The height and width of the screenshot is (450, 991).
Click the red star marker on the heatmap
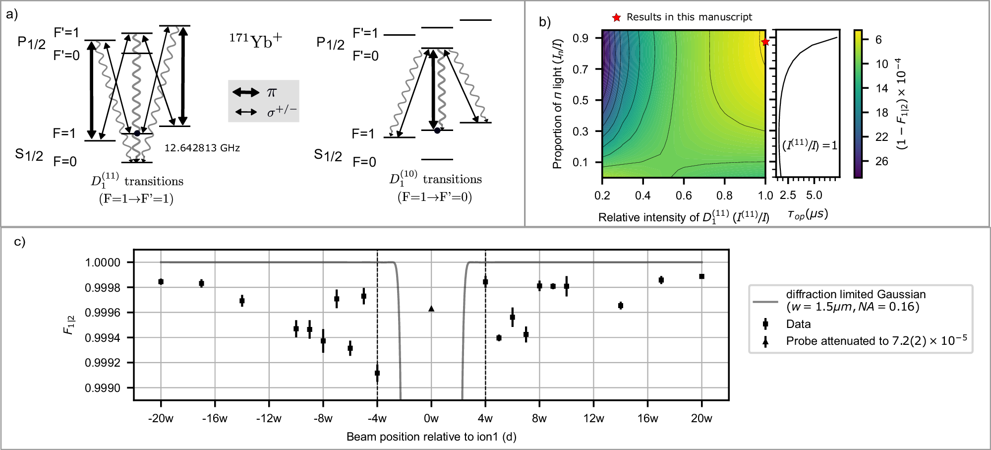click(x=765, y=42)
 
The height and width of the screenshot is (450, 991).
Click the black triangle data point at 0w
click(x=431, y=309)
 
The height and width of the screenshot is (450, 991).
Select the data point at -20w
click(x=161, y=282)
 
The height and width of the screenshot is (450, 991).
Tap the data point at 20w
click(x=701, y=276)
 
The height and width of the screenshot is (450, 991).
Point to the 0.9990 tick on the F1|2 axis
click(x=103, y=388)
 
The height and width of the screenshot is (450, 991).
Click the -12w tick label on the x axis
click(x=269, y=418)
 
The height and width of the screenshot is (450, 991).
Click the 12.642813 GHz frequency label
click(x=202, y=148)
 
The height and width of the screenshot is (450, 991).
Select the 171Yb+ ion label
click(x=255, y=41)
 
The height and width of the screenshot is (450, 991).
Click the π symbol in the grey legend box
click(x=272, y=92)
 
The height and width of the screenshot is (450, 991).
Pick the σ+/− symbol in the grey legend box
click(x=282, y=112)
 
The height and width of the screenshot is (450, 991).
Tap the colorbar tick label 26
click(x=881, y=161)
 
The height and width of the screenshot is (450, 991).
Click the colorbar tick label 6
click(x=878, y=40)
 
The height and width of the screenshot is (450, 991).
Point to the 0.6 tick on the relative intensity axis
click(x=684, y=195)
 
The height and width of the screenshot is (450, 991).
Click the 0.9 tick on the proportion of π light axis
click(x=580, y=38)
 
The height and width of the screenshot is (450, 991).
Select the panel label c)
click(x=19, y=242)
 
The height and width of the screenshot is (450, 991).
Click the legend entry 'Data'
click(x=798, y=324)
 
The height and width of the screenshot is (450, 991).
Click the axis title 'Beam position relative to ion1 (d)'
click(x=431, y=437)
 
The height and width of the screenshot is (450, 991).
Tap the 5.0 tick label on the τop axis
click(x=814, y=195)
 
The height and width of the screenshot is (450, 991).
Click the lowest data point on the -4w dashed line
click(x=377, y=373)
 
